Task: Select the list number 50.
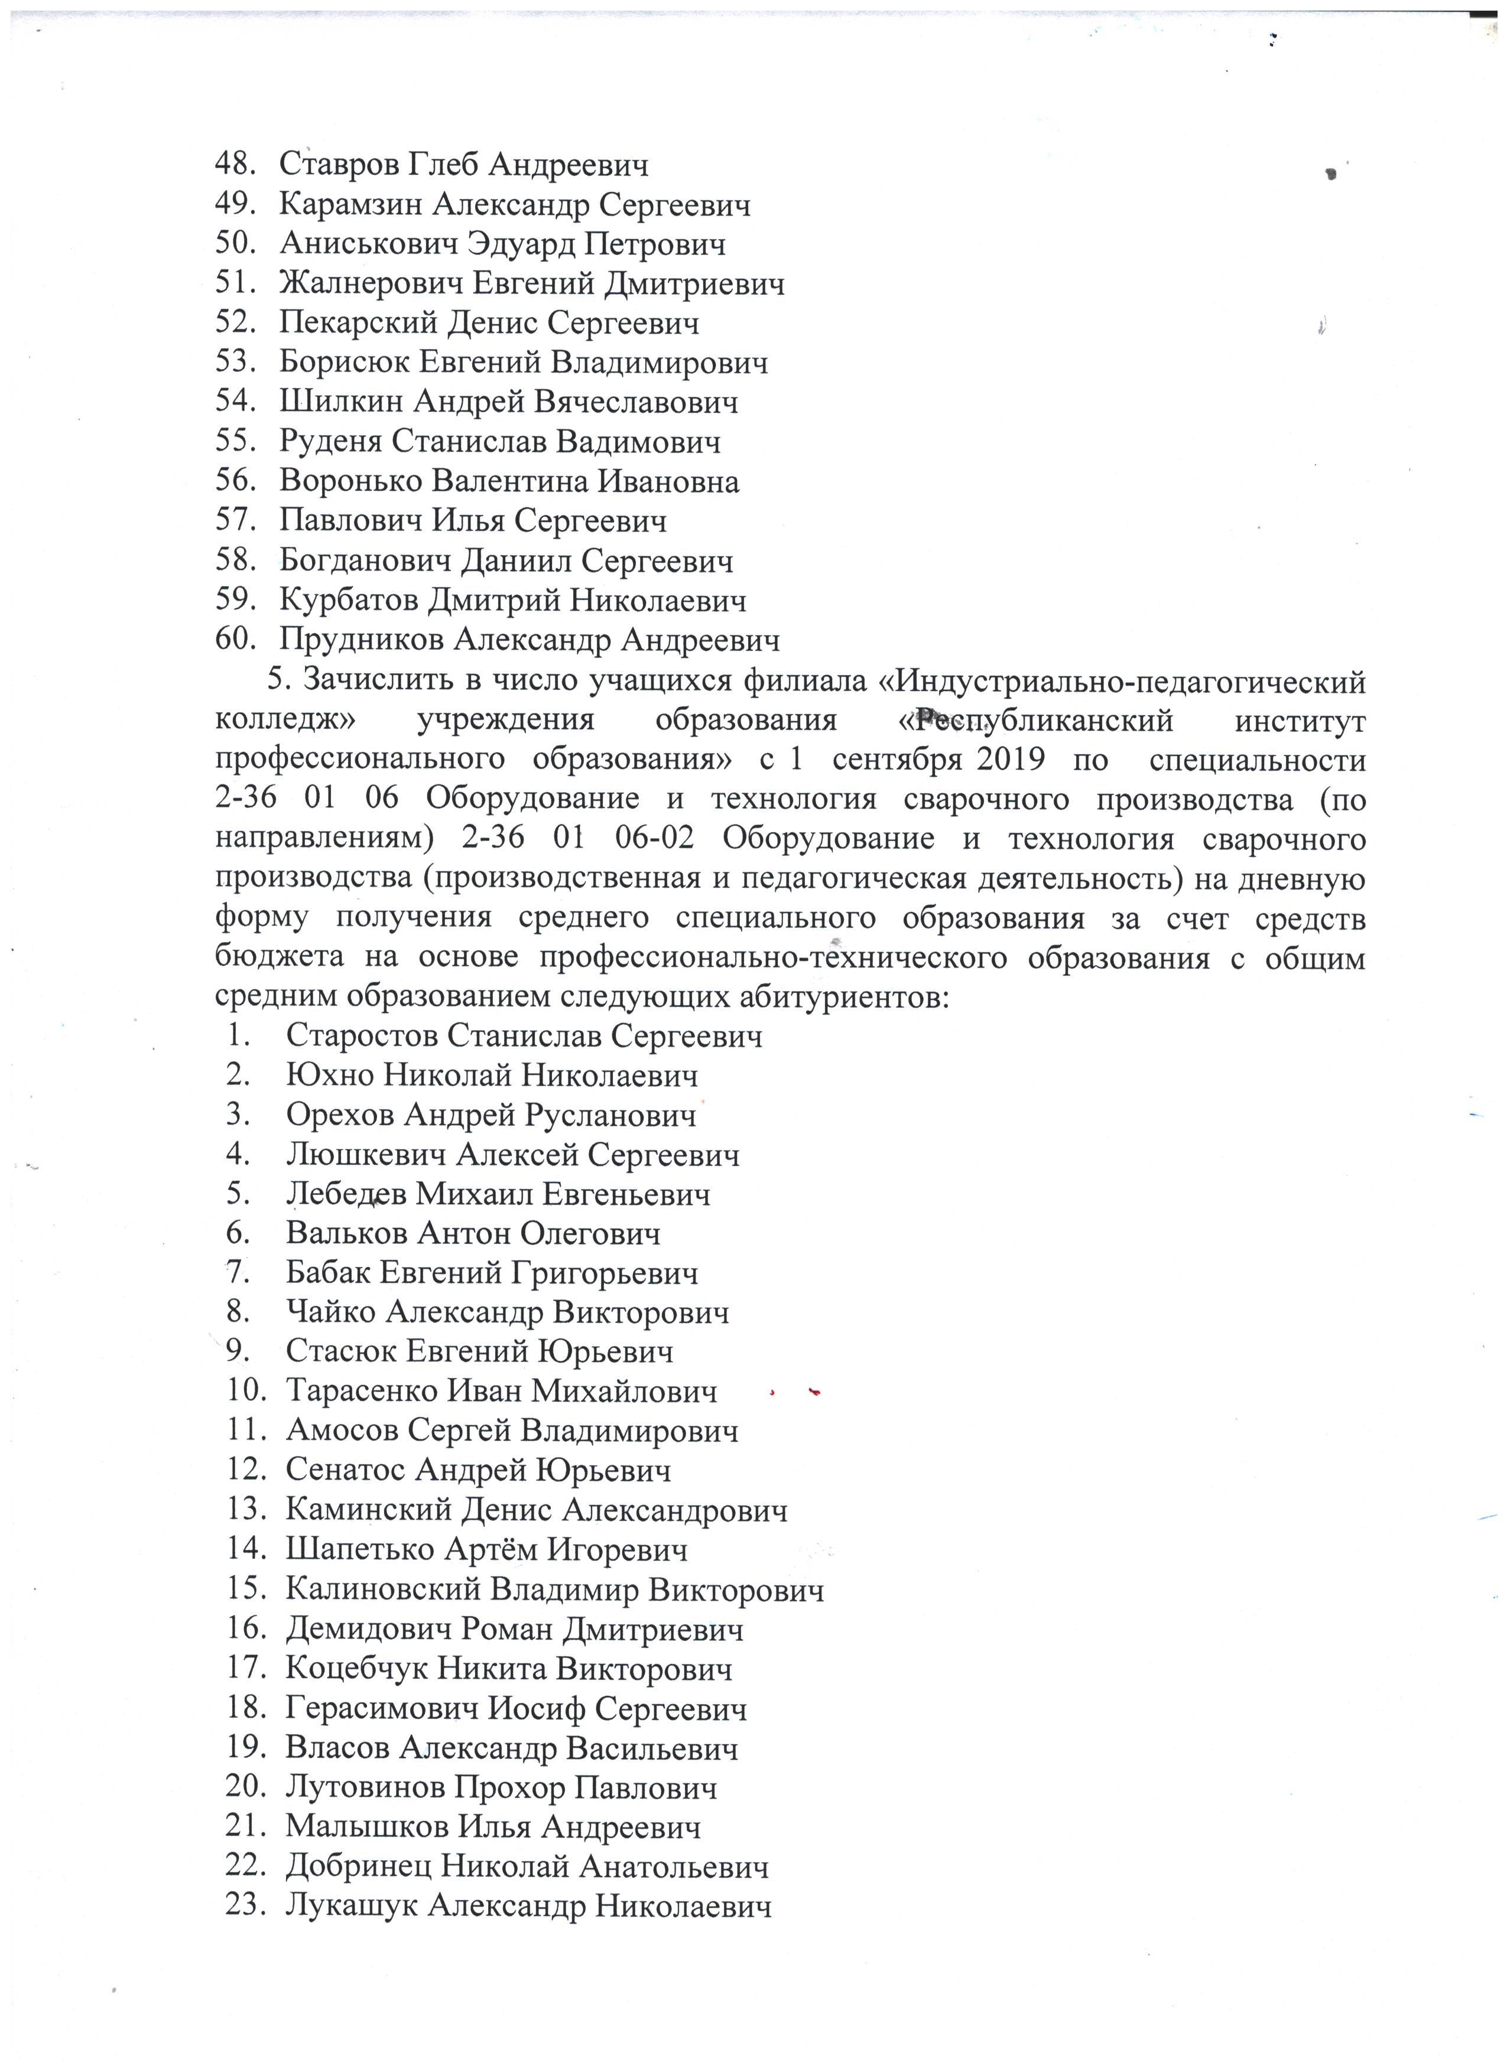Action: [234, 244]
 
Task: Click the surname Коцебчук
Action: [356, 1669]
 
